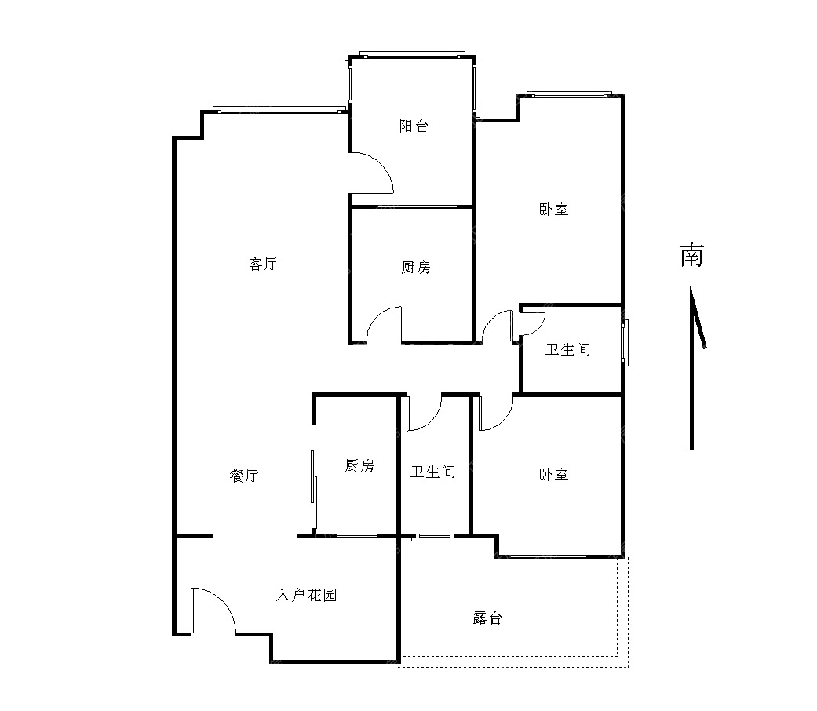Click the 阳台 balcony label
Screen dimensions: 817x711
click(x=414, y=126)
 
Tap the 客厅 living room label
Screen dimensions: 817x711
click(x=263, y=264)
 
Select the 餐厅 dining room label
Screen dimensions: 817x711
click(x=244, y=475)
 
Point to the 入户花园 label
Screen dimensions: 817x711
click(x=306, y=595)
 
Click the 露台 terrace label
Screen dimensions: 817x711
click(x=487, y=618)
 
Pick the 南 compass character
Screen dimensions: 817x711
click(x=692, y=255)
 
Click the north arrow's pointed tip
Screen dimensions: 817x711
click(x=691, y=286)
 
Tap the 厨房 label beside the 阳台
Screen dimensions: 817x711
click(x=416, y=267)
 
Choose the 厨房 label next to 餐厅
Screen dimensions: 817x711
click(x=359, y=465)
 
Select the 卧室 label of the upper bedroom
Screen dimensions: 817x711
click(x=553, y=210)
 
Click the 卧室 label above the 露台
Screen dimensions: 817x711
click(x=553, y=475)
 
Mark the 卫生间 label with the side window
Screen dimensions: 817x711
click(x=568, y=349)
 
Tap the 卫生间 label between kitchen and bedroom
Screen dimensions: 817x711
click(x=433, y=472)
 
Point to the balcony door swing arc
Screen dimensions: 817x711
click(x=372, y=173)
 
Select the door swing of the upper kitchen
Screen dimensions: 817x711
click(x=384, y=325)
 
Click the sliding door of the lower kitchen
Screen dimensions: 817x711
click(x=314, y=490)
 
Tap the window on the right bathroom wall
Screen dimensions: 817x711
click(x=625, y=343)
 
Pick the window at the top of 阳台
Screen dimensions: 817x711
click(x=412, y=55)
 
